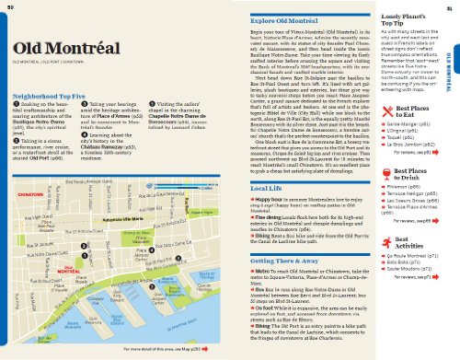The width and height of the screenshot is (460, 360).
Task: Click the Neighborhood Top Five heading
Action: (x=43, y=95)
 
